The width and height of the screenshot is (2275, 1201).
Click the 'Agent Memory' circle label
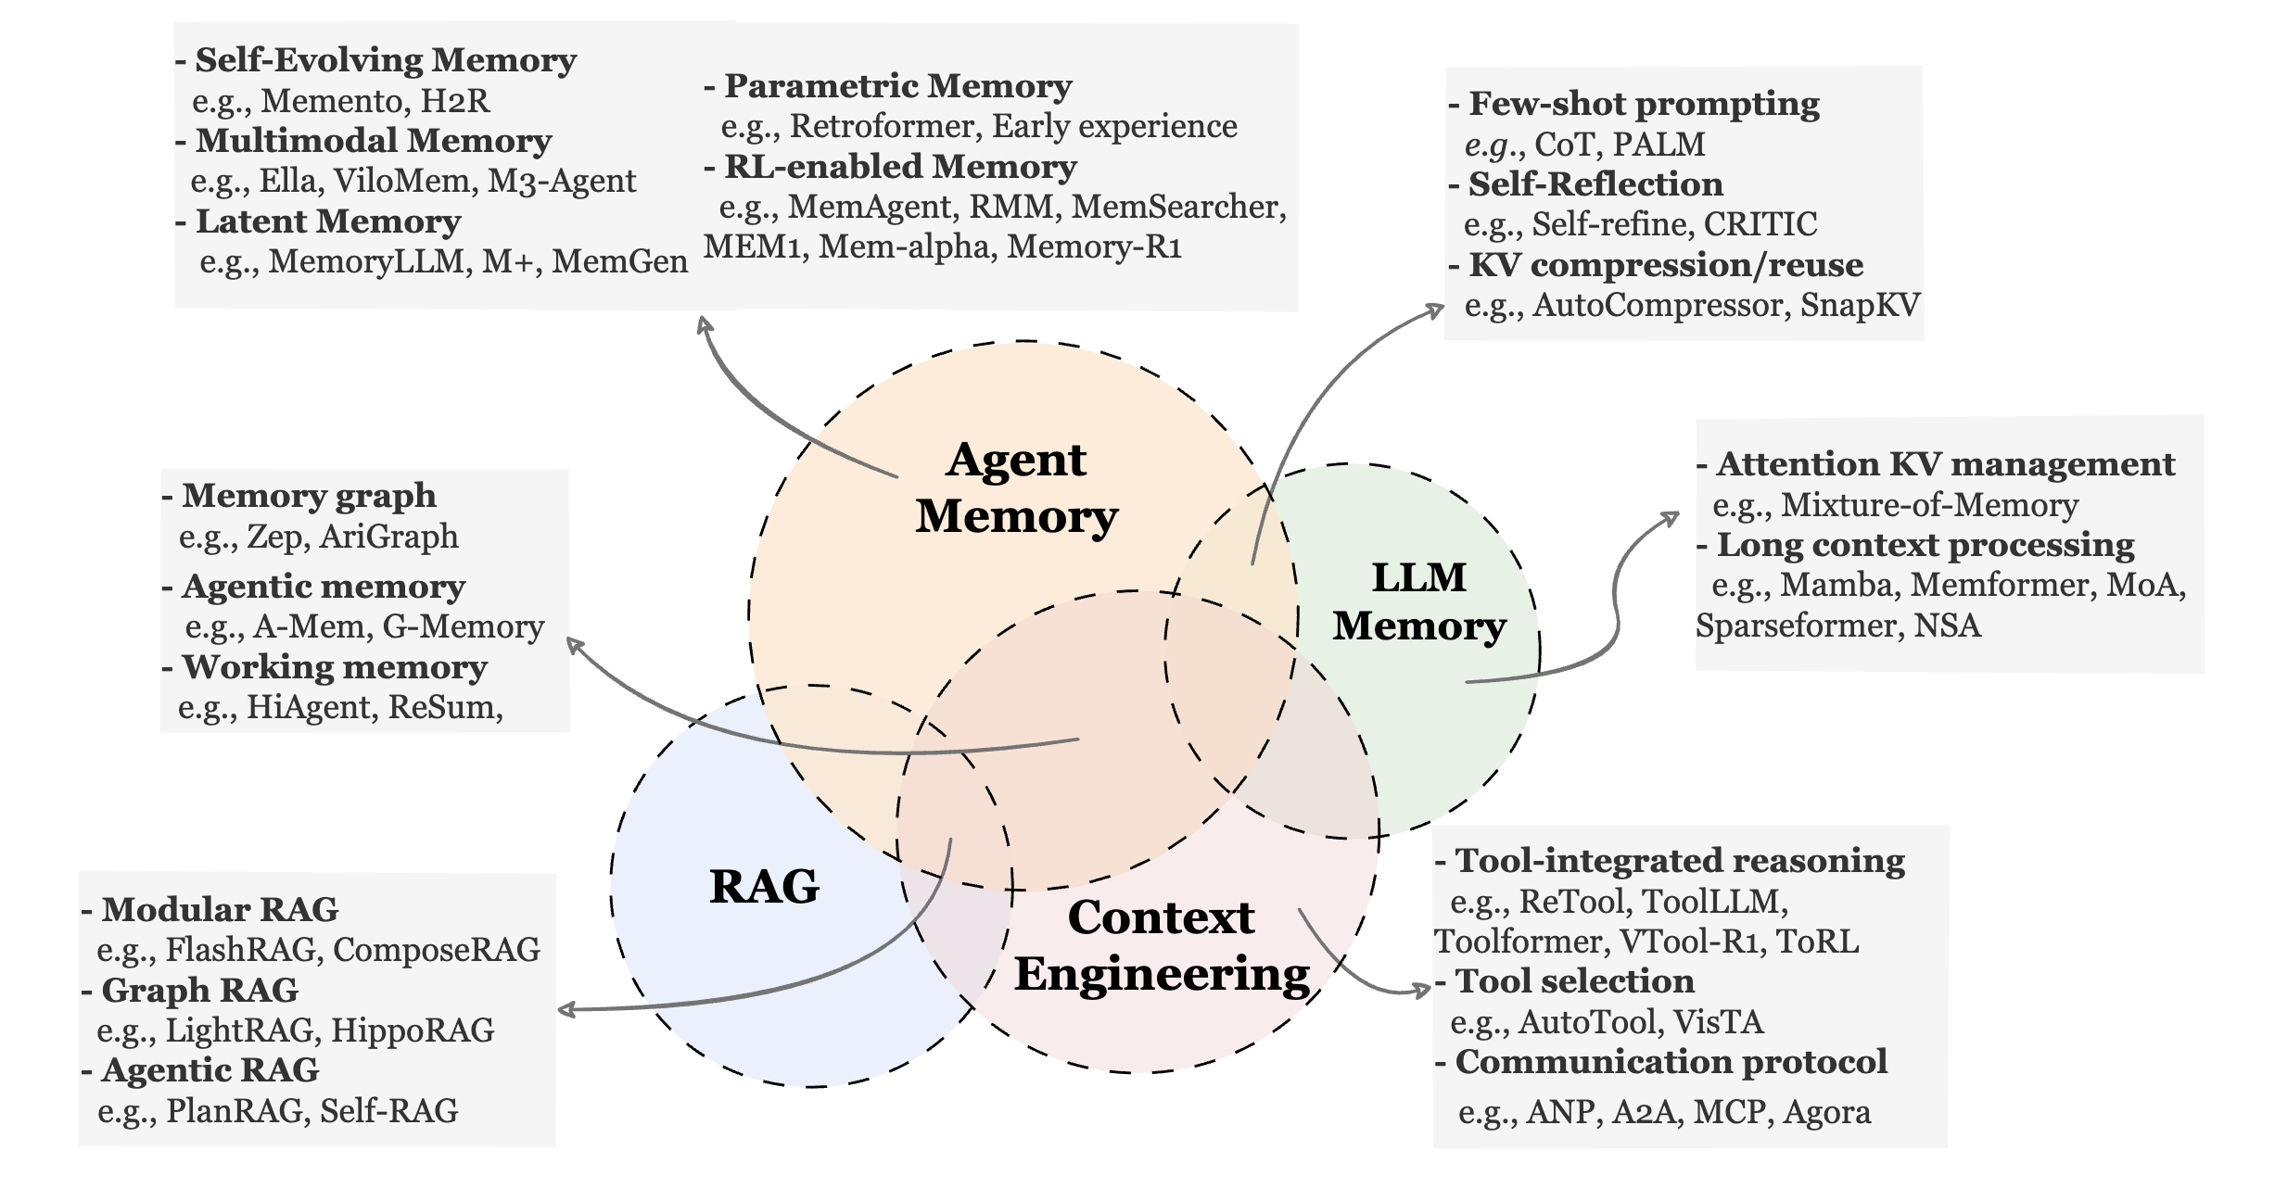coord(1017,487)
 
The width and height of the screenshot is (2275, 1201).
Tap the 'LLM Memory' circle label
coord(1419,601)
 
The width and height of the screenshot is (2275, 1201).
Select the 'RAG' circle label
coord(765,886)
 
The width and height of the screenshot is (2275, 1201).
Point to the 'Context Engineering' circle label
coord(1162,946)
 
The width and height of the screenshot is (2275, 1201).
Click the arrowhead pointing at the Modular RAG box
coord(566,1009)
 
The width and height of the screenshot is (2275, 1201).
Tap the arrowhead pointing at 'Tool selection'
coord(1421,991)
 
